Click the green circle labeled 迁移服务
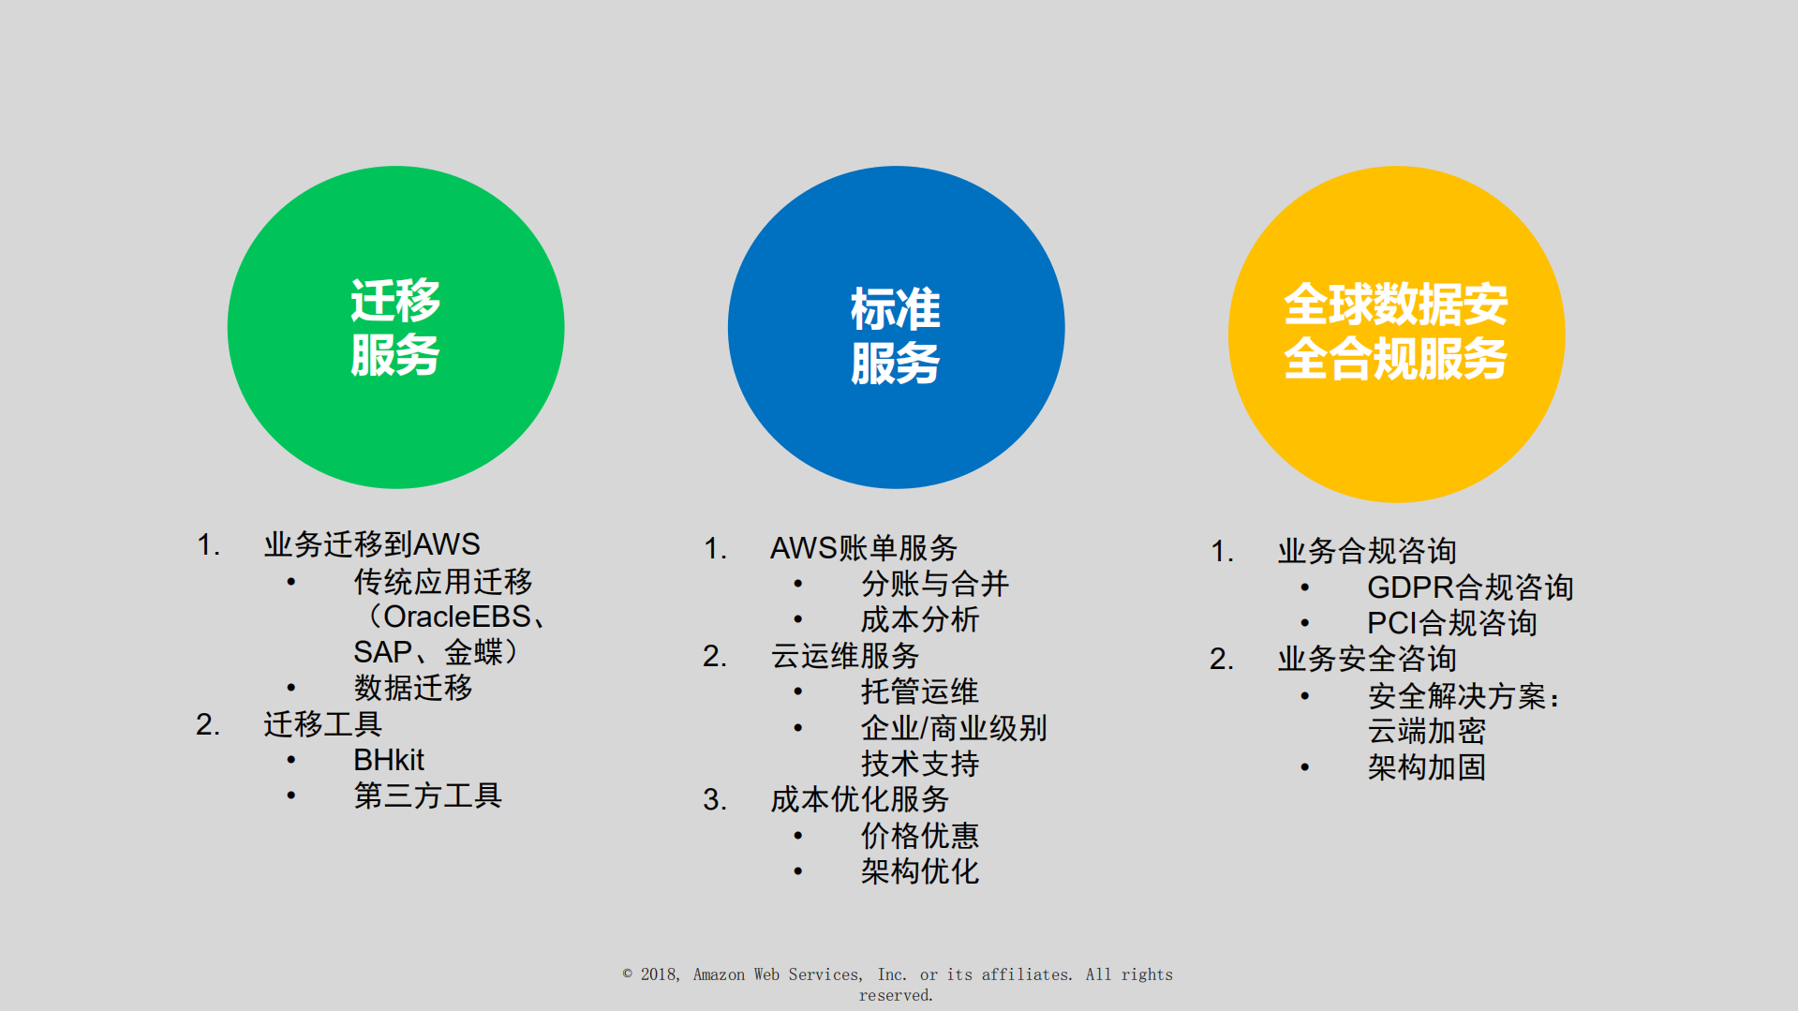click(395, 327)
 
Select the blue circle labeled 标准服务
click(896, 327)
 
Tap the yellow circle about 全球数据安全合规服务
click(1396, 334)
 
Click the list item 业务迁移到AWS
click(372, 544)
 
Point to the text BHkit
click(389, 760)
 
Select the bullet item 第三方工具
click(427, 795)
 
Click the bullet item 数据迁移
click(413, 688)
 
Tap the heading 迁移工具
click(322, 724)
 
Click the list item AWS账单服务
click(863, 548)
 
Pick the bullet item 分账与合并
click(934, 584)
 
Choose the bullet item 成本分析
click(919, 619)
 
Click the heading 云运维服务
click(845, 656)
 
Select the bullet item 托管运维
click(919, 691)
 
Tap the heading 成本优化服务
click(859, 799)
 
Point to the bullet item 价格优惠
click(919, 835)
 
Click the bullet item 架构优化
click(919, 871)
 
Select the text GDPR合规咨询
click(1469, 587)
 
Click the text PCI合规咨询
click(1451, 623)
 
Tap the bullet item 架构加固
click(1426, 767)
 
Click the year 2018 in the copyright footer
click(659, 974)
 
